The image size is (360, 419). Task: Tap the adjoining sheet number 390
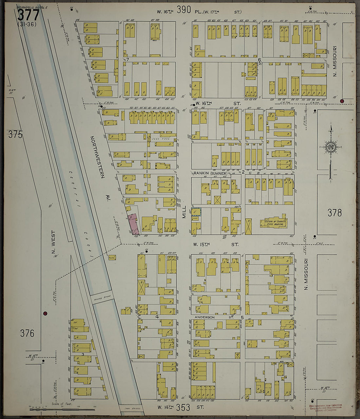184,10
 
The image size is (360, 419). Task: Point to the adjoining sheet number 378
334,213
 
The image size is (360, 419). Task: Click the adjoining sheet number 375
15,134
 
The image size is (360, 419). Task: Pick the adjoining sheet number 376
27,333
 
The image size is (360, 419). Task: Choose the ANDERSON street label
205,317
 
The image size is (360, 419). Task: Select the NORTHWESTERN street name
97,157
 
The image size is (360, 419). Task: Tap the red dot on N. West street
45,313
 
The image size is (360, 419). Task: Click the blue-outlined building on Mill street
196,212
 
